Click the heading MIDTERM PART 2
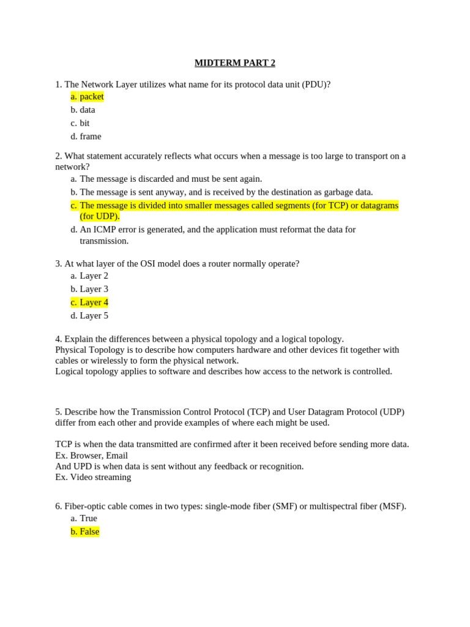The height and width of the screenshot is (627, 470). [x=235, y=63]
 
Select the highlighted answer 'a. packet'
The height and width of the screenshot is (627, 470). [x=87, y=97]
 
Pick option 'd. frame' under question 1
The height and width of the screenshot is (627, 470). [x=86, y=137]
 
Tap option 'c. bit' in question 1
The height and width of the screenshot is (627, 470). [x=80, y=123]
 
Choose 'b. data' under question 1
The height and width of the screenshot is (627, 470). [x=83, y=110]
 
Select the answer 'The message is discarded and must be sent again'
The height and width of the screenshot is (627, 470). [x=170, y=179]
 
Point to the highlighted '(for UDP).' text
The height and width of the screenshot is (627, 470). [x=100, y=216]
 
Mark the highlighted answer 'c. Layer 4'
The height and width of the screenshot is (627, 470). [x=89, y=302]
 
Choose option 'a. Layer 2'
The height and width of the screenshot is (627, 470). [x=89, y=276]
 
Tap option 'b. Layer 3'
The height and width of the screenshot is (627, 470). [x=89, y=289]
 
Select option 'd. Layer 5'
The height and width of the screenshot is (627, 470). [x=89, y=316]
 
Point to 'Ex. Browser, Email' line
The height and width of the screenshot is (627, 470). [x=91, y=456]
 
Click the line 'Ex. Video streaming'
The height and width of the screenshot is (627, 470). [x=93, y=478]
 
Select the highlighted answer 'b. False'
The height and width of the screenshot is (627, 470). [x=85, y=532]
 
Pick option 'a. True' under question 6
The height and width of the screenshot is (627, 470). [x=84, y=519]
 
